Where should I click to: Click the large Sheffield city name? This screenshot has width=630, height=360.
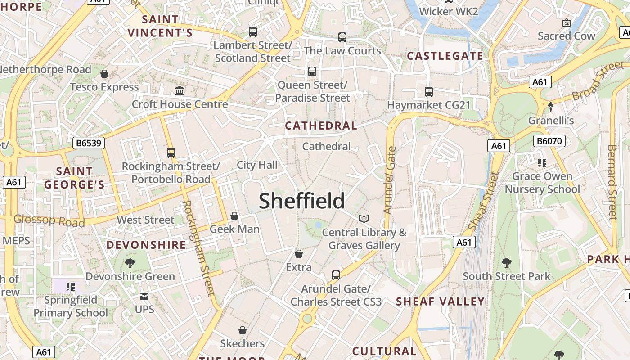[302, 201]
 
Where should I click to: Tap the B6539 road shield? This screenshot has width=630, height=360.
[89, 143]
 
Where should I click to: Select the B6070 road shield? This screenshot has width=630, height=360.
[549, 141]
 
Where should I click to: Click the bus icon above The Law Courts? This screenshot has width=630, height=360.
[342, 37]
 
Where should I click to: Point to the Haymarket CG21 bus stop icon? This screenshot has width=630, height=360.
[429, 92]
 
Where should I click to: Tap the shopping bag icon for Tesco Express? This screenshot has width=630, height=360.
[104, 74]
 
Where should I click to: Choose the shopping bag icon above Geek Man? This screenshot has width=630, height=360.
[234, 216]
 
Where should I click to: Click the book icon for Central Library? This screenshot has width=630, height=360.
[364, 219]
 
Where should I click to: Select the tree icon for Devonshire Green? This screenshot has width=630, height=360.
[130, 263]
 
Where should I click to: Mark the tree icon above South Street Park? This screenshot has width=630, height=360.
[507, 262]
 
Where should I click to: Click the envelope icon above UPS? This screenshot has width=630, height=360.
[144, 297]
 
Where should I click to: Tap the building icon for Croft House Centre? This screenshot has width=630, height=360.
[180, 91]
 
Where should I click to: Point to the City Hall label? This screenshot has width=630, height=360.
[257, 165]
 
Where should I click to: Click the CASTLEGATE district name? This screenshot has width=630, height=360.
[445, 56]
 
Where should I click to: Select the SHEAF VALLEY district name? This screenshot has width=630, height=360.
[440, 301]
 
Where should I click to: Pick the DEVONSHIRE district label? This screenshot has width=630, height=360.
[146, 245]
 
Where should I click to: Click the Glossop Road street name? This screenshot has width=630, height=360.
[49, 220]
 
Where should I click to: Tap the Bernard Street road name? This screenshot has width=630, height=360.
[612, 182]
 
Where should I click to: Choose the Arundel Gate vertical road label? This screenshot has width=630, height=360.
[390, 180]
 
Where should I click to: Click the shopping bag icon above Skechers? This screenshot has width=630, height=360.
[243, 331]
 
